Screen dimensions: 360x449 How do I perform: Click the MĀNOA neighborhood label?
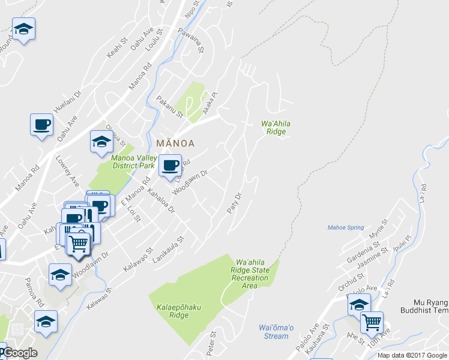click(x=175, y=143)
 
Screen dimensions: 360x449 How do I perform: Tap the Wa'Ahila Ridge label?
click(x=276, y=128)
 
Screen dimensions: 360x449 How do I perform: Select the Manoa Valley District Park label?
click(x=133, y=162)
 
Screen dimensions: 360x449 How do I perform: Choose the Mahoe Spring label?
click(x=346, y=227)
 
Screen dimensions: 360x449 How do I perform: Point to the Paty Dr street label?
click(x=234, y=203)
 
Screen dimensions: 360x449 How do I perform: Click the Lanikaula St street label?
click(x=167, y=247)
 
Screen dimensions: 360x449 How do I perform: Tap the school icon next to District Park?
click(x=101, y=142)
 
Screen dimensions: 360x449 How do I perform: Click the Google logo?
click(x=20, y=352)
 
